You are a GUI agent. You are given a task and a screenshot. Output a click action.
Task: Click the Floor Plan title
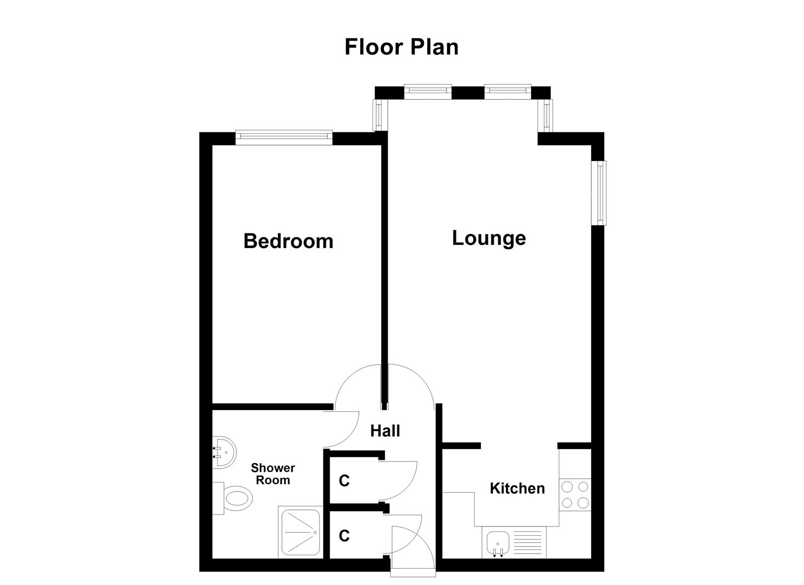click(401, 47)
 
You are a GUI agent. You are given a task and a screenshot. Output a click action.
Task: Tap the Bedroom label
click(288, 240)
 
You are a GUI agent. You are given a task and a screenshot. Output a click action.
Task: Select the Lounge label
click(488, 238)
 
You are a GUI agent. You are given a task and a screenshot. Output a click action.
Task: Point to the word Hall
click(385, 431)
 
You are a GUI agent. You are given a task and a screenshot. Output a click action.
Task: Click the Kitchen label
click(517, 488)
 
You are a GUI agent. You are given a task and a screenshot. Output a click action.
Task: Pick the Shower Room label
click(273, 474)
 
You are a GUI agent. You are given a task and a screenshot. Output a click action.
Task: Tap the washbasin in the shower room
click(224, 452)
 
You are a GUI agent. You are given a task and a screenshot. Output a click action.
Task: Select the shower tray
click(300, 532)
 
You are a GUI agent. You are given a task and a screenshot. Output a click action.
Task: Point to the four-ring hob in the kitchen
click(575, 494)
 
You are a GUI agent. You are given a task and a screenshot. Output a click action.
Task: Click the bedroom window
click(284, 138)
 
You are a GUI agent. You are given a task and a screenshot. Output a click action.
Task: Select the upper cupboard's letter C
click(344, 481)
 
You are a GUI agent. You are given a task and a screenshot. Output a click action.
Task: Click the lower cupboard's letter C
click(344, 536)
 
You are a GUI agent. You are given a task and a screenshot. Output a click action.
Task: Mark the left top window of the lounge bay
click(428, 92)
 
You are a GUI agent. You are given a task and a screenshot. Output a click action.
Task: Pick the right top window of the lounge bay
click(508, 92)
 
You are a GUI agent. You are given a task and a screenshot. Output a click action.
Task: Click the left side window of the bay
click(379, 115)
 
